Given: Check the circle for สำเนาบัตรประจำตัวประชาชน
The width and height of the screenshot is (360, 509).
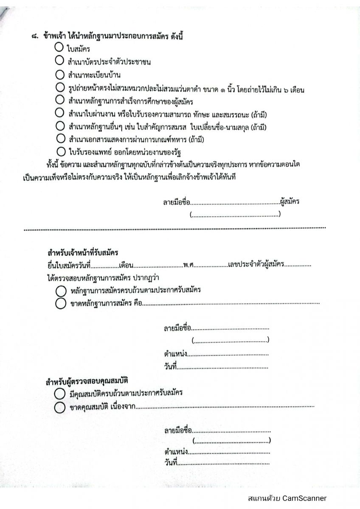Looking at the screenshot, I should pyautogui.click(x=59, y=62).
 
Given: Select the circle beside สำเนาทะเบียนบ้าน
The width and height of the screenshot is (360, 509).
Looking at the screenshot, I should pyautogui.click(x=59, y=75).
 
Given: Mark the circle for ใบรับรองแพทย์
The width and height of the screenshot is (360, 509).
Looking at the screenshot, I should pyautogui.click(x=60, y=151).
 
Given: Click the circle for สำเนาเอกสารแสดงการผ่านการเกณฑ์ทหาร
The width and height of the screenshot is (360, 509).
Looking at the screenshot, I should pyautogui.click(x=60, y=138).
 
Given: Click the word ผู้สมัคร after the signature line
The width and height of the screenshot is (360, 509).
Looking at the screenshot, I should pyautogui.click(x=290, y=202).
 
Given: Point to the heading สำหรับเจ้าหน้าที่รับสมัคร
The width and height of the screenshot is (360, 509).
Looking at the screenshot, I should pyautogui.click(x=83, y=253).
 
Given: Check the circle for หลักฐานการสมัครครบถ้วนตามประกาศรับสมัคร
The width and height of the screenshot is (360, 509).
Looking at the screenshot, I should pyautogui.click(x=60, y=291).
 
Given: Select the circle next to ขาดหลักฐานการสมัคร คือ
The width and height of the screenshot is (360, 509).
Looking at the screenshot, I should pyautogui.click(x=60, y=303).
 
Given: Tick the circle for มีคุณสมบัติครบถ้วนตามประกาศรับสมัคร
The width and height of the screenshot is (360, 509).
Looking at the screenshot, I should pyautogui.click(x=59, y=394).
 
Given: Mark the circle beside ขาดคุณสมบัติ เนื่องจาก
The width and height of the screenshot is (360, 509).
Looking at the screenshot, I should pyautogui.click(x=59, y=408).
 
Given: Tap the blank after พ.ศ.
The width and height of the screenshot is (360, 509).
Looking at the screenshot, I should pyautogui.click(x=211, y=266).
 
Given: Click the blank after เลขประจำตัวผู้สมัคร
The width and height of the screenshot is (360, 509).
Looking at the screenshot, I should pyautogui.click(x=298, y=266).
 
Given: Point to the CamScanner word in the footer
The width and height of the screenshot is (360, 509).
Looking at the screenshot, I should pyautogui.click(x=304, y=498).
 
